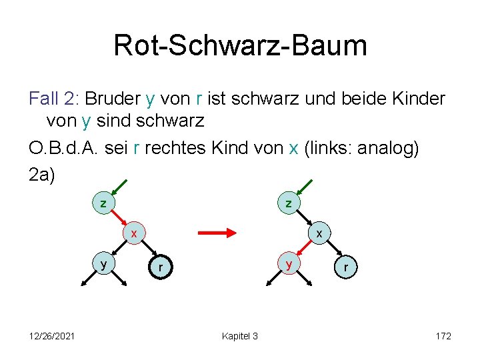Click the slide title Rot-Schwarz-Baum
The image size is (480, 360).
coord(240,45)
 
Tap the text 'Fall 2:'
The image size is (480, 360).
coord(53,99)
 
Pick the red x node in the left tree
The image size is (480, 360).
coord(134,233)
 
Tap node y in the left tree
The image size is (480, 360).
coord(103,264)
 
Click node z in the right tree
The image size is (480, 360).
coord(289,203)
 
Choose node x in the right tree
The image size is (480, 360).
coord(319,233)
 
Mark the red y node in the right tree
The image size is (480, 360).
coord(289,264)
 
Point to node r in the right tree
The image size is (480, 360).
coord(345,268)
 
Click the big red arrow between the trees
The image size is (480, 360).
coord(218,233)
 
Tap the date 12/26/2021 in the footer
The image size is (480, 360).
coord(52,336)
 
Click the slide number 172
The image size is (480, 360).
coord(443,336)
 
